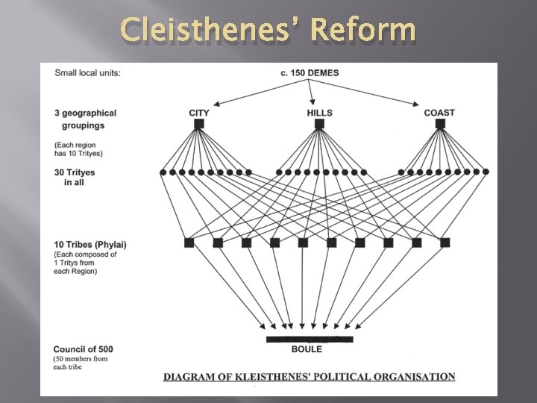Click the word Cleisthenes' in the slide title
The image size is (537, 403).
(206, 31)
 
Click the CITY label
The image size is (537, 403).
(199, 113)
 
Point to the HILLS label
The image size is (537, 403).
(319, 113)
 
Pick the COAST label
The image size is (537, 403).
(439, 113)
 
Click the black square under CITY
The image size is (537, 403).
(199, 125)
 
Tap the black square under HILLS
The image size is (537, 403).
(319, 125)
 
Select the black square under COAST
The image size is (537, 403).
(440, 125)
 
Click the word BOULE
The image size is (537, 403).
(306, 349)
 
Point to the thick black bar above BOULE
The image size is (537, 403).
(310, 340)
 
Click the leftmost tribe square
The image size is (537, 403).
(189, 243)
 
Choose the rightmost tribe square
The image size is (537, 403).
(445, 243)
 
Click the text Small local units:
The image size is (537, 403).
(88, 72)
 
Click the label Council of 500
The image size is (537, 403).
(84, 349)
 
